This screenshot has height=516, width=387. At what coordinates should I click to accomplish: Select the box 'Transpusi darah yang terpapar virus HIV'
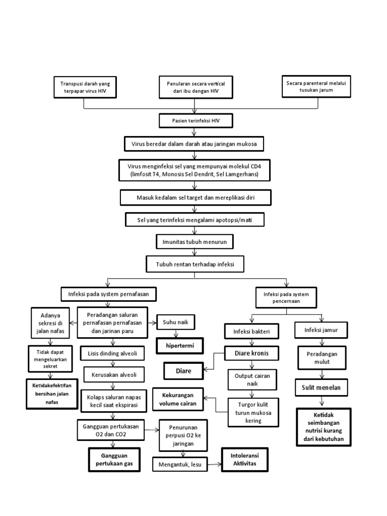pos(84,87)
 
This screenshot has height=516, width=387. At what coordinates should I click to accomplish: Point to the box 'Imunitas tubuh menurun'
pos(194,242)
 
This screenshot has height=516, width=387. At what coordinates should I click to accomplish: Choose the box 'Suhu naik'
pos(176,321)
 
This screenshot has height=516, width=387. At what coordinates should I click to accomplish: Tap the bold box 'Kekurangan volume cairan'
pos(181,399)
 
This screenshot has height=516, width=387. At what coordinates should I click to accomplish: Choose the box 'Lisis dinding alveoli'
pos(112,353)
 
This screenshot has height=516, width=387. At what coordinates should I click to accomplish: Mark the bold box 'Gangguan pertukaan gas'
pos(113,460)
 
